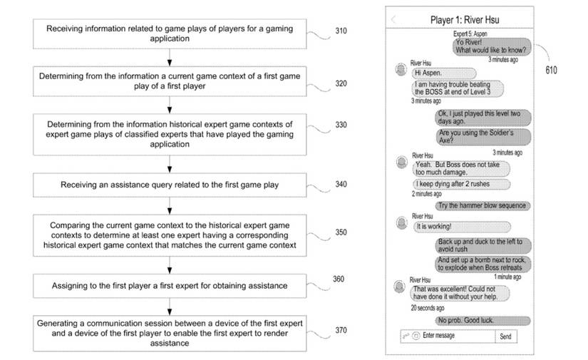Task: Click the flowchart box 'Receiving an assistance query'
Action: [x=169, y=185]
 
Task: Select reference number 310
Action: [x=341, y=31]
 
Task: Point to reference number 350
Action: [x=341, y=232]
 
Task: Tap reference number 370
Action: [x=342, y=330]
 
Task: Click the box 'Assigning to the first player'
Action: [x=169, y=286]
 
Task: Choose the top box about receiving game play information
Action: [x=169, y=34]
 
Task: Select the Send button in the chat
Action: [x=505, y=336]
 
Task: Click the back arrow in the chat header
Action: [x=393, y=19]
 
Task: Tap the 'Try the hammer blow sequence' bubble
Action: [x=483, y=206]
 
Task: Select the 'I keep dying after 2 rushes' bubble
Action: [x=461, y=185]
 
